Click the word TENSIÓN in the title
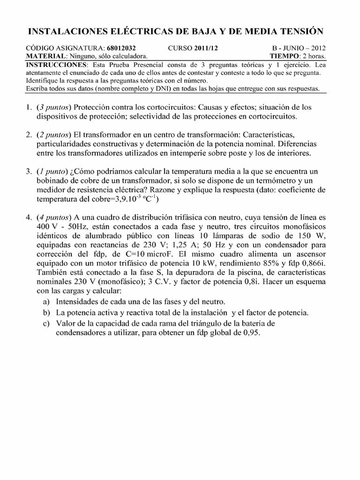(299, 31)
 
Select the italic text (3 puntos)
(53, 107)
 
